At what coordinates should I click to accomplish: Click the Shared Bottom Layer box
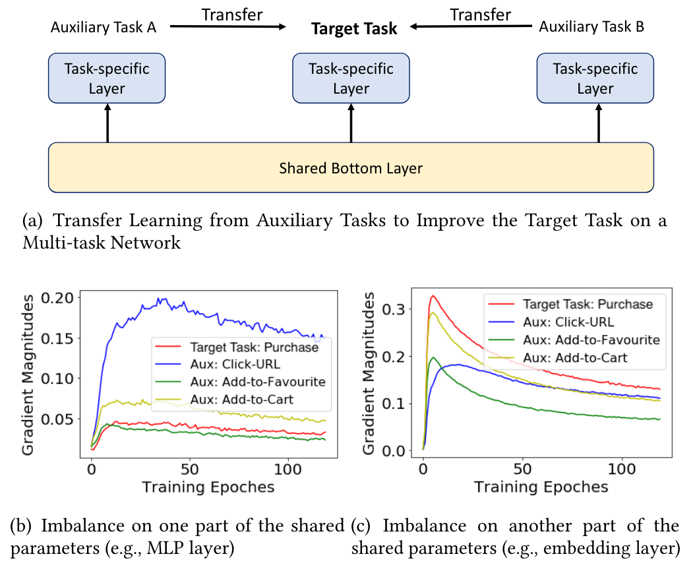point(351,168)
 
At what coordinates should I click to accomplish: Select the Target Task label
point(354,28)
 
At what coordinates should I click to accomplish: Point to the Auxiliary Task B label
point(591,27)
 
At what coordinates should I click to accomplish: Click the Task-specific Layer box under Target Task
point(351,78)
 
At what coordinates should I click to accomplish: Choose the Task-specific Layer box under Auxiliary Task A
point(107,78)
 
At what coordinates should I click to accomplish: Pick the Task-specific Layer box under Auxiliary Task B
point(595,78)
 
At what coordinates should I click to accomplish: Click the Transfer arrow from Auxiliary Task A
point(228,26)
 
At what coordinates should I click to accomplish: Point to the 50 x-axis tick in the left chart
point(189,473)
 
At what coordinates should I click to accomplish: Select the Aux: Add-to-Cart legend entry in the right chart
point(574,358)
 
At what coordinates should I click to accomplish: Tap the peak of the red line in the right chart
point(433,296)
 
